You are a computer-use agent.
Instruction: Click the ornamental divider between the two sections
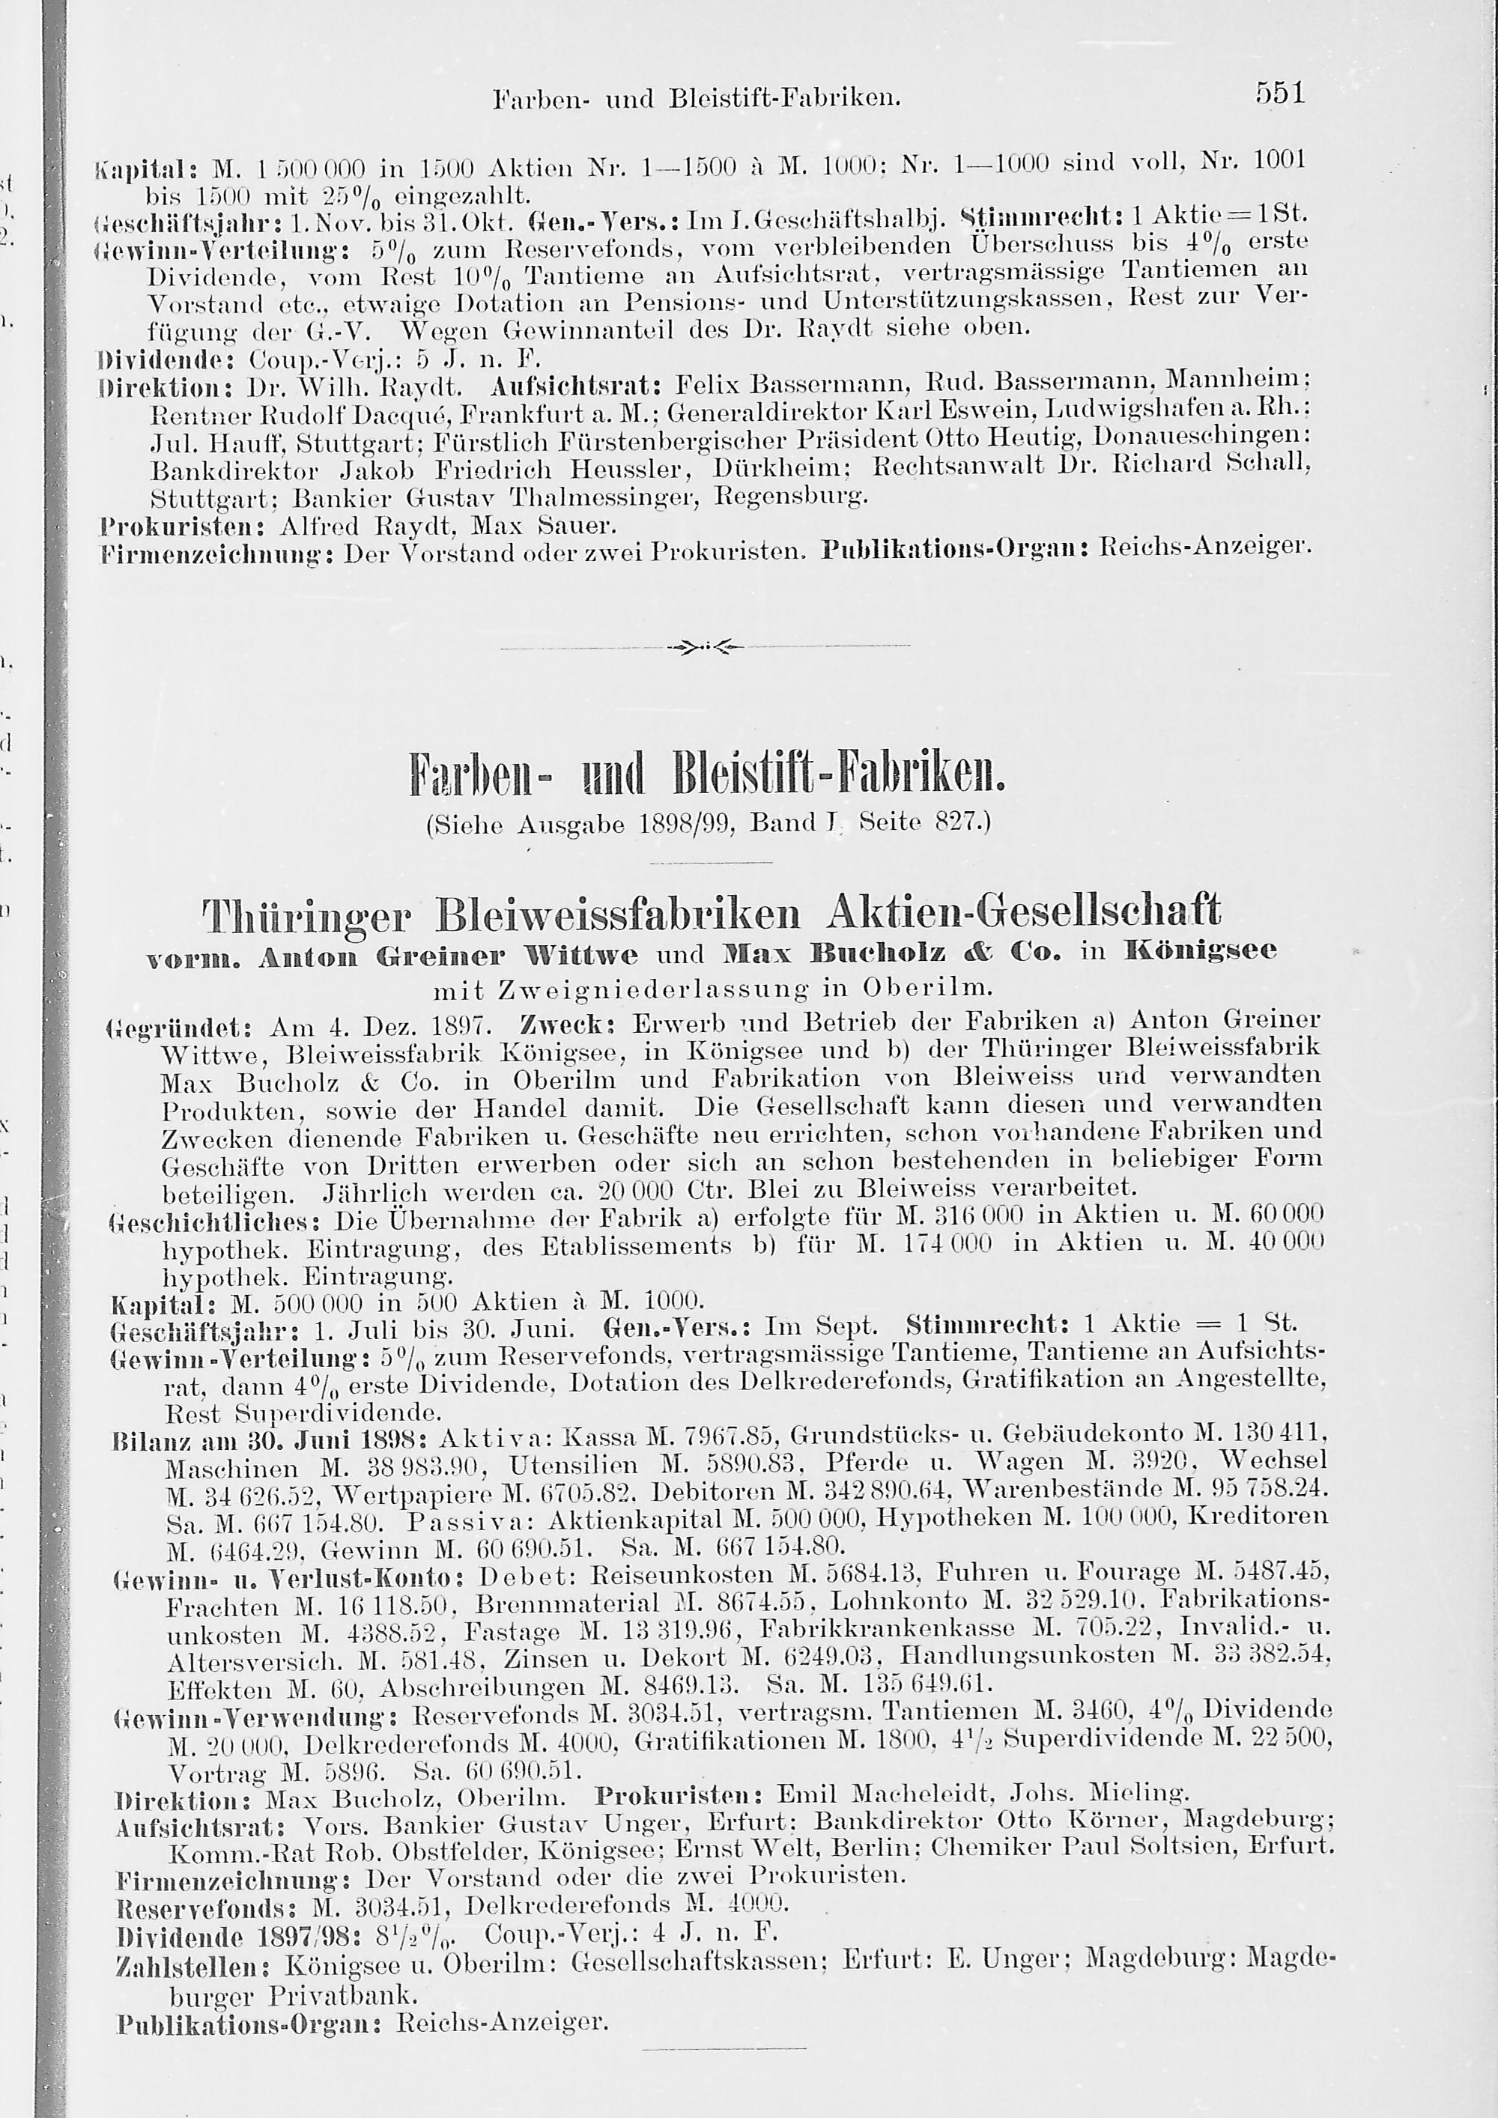[x=705, y=646]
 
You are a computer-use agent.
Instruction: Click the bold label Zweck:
[x=555, y=1023]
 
